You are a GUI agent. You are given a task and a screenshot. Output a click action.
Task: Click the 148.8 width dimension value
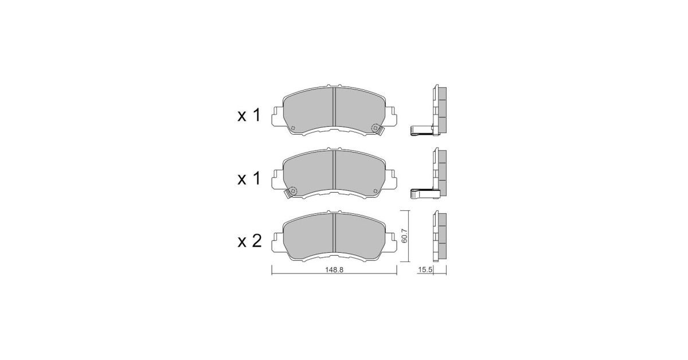point(334,270)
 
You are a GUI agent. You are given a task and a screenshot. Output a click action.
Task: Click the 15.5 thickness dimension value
point(425,270)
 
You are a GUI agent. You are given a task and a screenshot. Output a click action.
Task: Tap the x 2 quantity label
point(249,241)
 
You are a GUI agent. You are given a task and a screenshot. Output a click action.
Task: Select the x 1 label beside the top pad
point(249,116)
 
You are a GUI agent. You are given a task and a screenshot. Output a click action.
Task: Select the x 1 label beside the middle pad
point(249,178)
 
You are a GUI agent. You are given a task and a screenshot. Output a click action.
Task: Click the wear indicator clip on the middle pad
point(291,193)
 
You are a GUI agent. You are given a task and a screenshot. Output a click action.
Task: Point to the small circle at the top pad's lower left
point(292,128)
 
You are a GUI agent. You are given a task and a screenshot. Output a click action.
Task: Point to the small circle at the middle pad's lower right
point(376,191)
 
